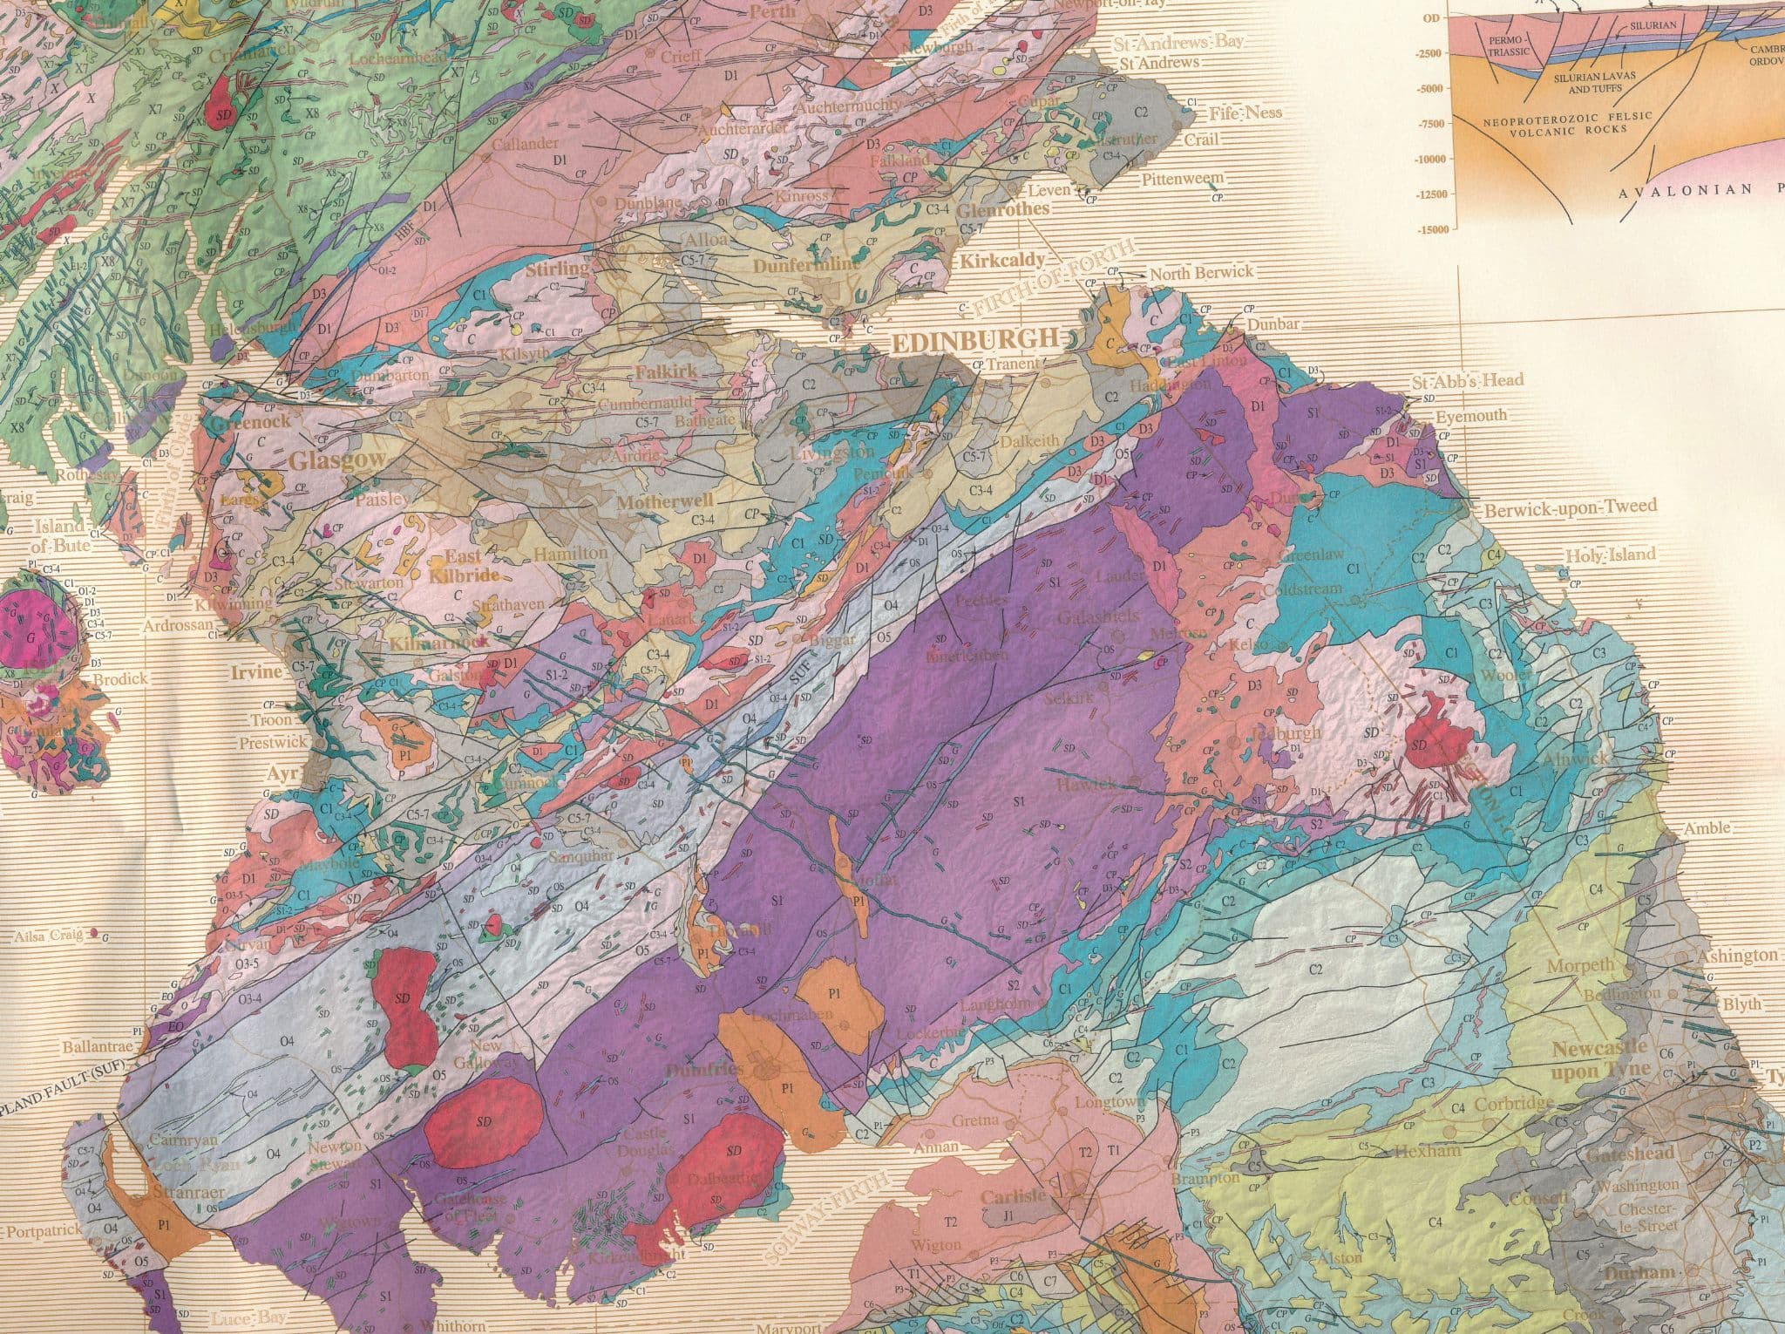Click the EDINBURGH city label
pyautogui.click(x=974, y=340)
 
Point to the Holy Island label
pyautogui.click(x=1610, y=555)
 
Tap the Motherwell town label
pyautogui.click(x=665, y=502)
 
